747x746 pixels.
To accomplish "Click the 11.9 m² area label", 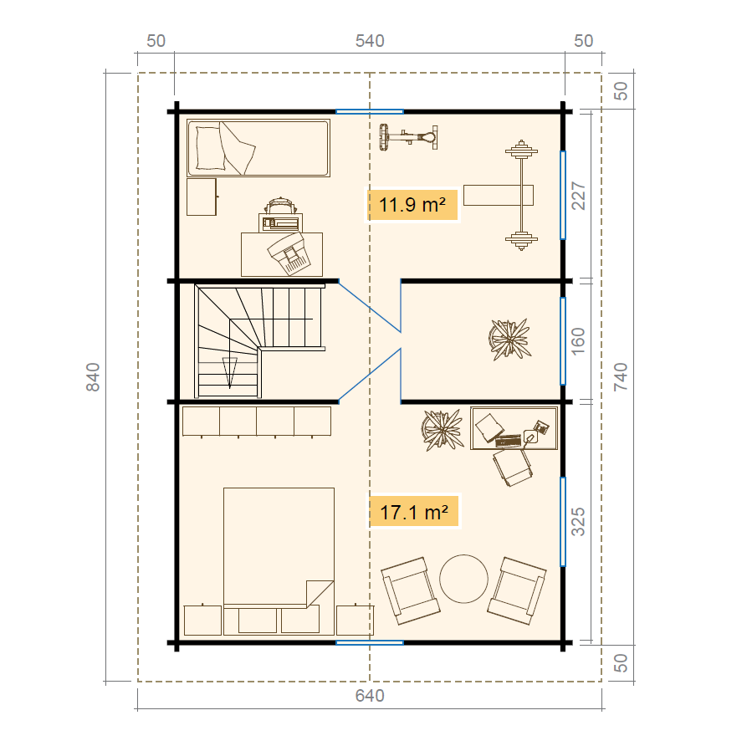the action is (x=412, y=205).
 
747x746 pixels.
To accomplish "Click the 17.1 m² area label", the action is (x=413, y=512).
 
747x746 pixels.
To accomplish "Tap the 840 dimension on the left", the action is (x=93, y=377).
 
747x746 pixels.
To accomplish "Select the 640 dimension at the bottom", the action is (x=370, y=696).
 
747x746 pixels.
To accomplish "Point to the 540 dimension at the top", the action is (x=370, y=41).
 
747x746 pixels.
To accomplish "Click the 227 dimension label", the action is (x=578, y=196).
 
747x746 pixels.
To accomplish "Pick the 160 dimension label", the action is (x=578, y=341).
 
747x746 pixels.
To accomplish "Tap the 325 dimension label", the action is (x=578, y=522).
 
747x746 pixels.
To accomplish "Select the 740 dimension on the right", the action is (x=621, y=377).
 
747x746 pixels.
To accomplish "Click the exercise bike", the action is (x=408, y=137).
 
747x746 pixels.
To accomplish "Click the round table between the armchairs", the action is (x=463, y=579).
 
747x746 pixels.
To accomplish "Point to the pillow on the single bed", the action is (x=210, y=148).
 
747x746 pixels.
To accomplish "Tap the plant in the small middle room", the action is (x=509, y=339).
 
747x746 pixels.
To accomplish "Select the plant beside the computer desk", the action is (x=443, y=430).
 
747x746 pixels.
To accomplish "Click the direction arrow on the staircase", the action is (x=230, y=371).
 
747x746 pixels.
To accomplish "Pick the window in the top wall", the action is (x=370, y=111).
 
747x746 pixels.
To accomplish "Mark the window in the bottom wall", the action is (x=370, y=642).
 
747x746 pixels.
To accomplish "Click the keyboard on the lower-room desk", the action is (x=509, y=441).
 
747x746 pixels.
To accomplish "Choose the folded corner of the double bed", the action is (x=320, y=594).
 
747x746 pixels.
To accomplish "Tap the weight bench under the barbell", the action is (x=499, y=196).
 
